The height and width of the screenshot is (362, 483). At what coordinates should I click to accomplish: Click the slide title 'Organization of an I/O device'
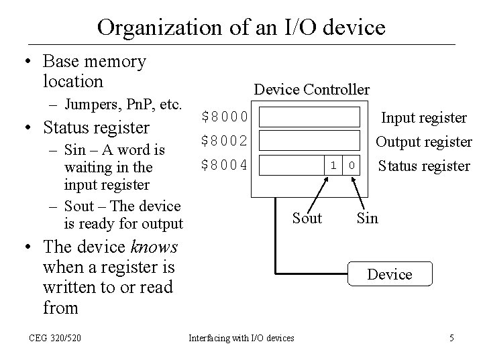coord(241,27)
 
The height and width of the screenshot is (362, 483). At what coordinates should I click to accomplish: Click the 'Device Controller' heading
coord(311,89)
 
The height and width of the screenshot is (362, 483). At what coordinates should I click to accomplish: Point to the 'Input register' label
coord(424,118)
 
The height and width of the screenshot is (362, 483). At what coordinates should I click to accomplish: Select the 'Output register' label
coord(423,142)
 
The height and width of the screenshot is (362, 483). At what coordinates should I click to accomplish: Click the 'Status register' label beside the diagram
coord(424,166)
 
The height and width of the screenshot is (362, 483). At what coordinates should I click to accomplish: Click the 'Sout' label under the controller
coord(307,218)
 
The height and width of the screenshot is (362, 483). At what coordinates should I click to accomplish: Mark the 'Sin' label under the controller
coord(367,218)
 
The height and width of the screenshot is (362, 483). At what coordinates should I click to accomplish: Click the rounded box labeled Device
coord(390,274)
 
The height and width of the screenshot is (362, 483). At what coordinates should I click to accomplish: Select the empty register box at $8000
coord(310,118)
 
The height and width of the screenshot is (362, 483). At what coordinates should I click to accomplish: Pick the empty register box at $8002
coord(310,141)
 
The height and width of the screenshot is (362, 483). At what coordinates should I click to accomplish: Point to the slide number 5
coord(451,338)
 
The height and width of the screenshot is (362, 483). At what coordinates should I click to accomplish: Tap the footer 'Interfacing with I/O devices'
coord(241,338)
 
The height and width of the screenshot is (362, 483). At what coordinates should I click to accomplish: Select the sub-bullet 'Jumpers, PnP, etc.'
coord(123,105)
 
